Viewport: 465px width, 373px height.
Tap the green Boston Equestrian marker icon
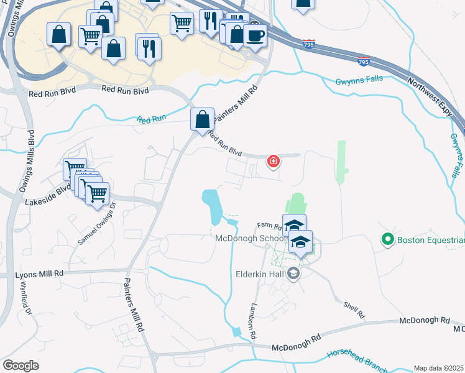[x=388, y=239]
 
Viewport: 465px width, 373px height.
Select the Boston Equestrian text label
[x=431, y=240]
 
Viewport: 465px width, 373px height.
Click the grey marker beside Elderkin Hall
[x=293, y=273]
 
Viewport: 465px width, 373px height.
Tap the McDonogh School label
[x=251, y=239]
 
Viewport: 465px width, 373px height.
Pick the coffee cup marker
[x=255, y=35]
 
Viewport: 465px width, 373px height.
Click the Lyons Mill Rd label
[x=40, y=274]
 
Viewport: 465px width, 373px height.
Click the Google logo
[x=21, y=365]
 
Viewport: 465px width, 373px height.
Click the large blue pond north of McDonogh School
[x=212, y=206]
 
